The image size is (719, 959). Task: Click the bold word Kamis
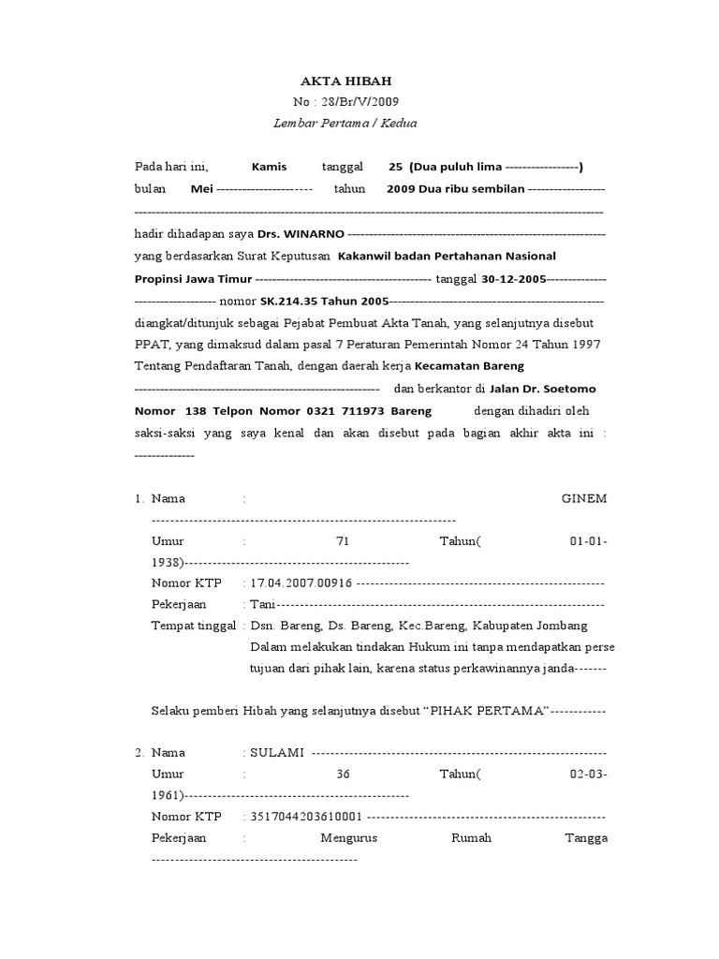pos(270,167)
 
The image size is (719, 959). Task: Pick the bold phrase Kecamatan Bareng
pos(469,365)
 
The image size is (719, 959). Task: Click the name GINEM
pos(583,498)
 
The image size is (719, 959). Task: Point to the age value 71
pos(341,541)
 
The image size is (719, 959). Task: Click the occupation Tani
pos(262,604)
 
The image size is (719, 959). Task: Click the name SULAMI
pos(274,752)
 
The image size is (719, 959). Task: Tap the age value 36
pos(341,774)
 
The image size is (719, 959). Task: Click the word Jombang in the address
pos(565,626)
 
